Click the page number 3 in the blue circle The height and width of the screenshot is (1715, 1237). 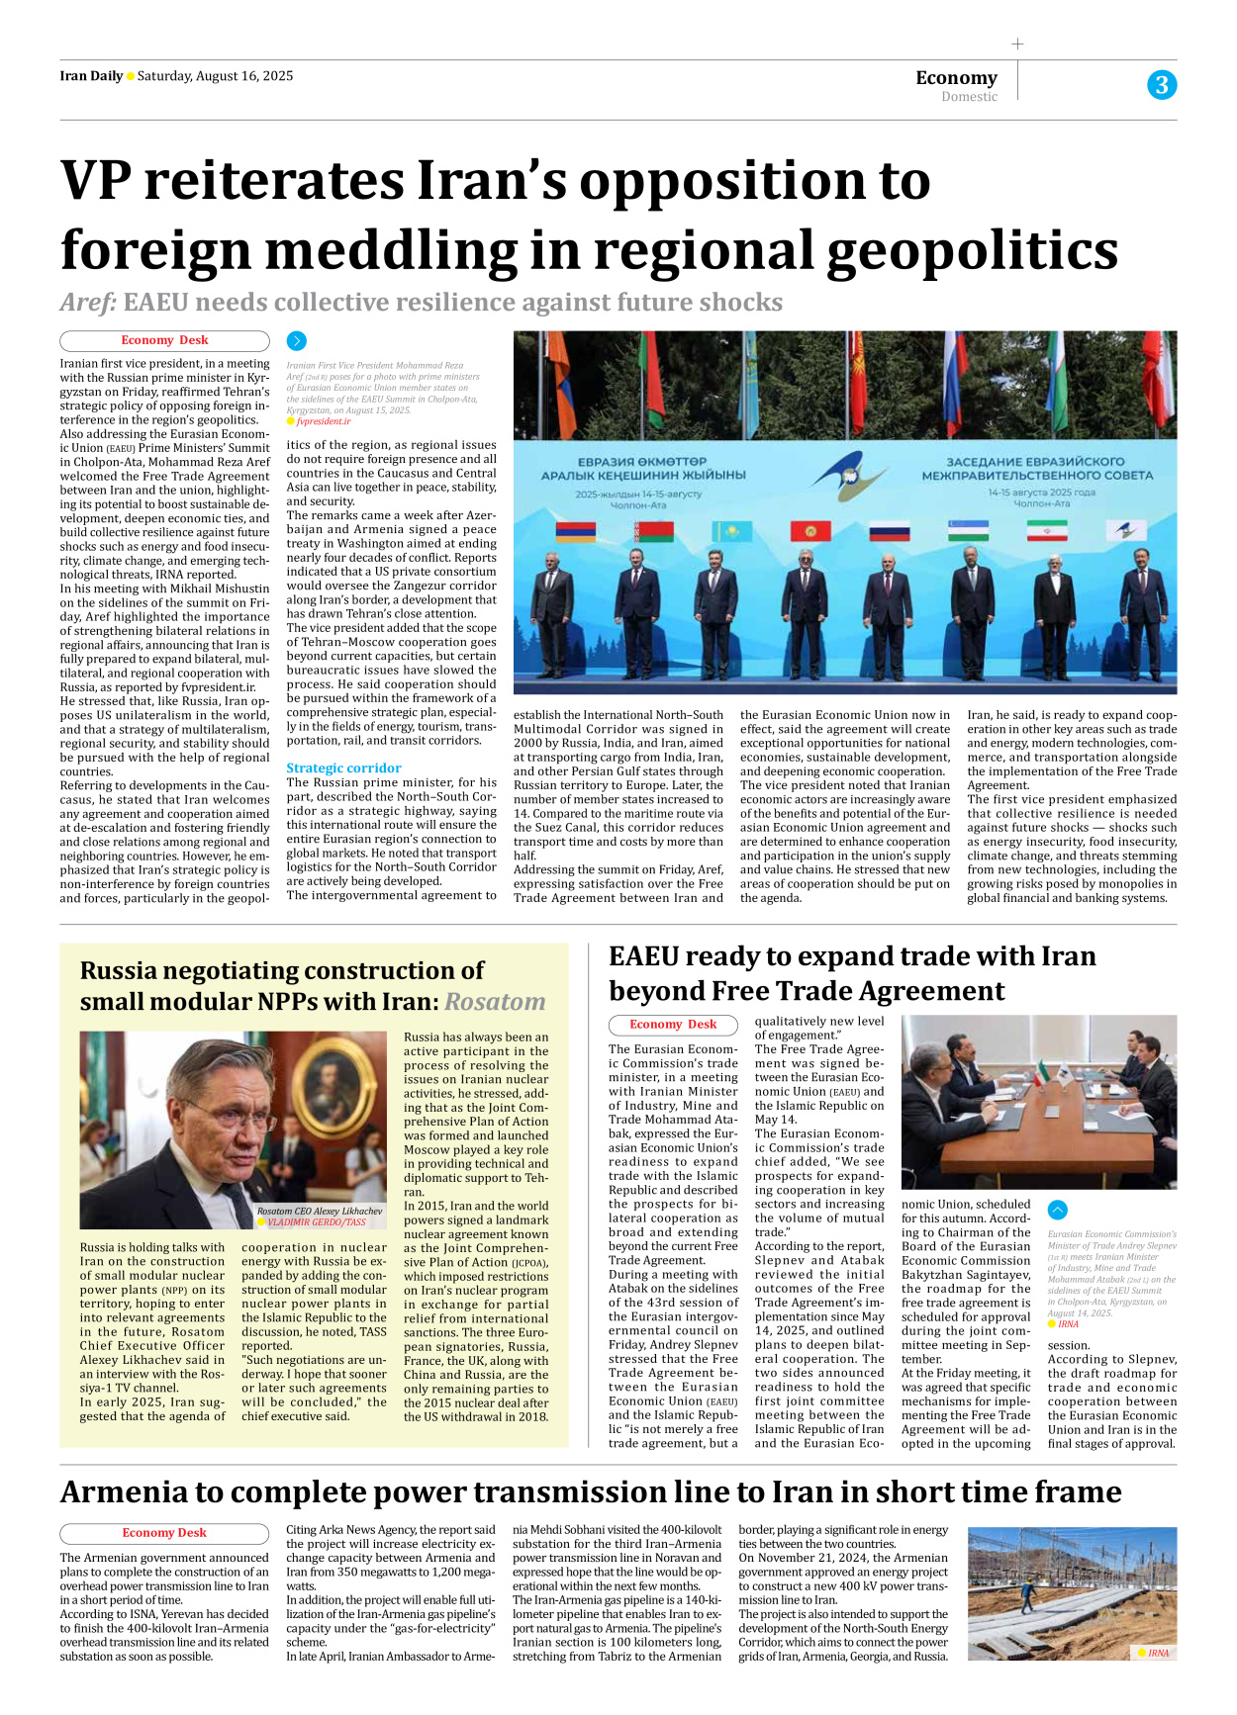[x=1162, y=85]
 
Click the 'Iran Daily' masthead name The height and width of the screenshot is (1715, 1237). [x=91, y=76]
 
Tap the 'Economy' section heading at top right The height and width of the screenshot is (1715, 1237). [x=956, y=77]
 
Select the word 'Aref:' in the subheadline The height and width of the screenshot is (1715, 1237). [x=88, y=302]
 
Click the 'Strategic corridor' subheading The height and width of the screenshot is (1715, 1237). [x=343, y=767]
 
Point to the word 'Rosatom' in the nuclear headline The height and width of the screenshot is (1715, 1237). [x=495, y=1002]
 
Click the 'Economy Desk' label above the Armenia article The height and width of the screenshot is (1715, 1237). [x=164, y=1533]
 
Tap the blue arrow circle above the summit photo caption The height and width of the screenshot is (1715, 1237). [x=296, y=341]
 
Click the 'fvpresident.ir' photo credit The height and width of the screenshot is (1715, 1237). [x=323, y=421]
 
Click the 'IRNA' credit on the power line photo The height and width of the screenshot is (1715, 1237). [x=1157, y=1653]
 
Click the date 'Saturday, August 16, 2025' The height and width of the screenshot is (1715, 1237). [x=215, y=76]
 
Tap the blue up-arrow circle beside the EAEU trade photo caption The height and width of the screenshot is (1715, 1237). [x=1057, y=1210]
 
